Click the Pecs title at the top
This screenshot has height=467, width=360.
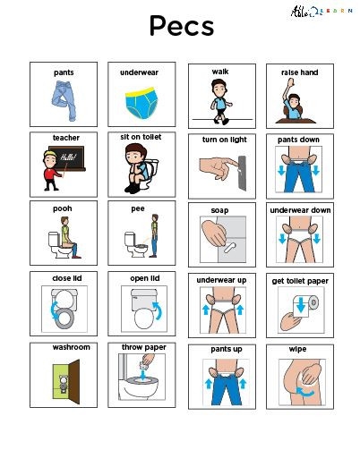[181, 26]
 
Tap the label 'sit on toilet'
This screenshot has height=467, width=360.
[141, 137]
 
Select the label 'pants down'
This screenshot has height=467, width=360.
[299, 140]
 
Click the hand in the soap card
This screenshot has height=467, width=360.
[212, 237]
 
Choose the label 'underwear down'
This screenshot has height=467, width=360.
[299, 210]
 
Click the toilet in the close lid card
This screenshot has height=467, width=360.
[64, 310]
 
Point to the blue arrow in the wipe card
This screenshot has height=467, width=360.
[307, 391]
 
